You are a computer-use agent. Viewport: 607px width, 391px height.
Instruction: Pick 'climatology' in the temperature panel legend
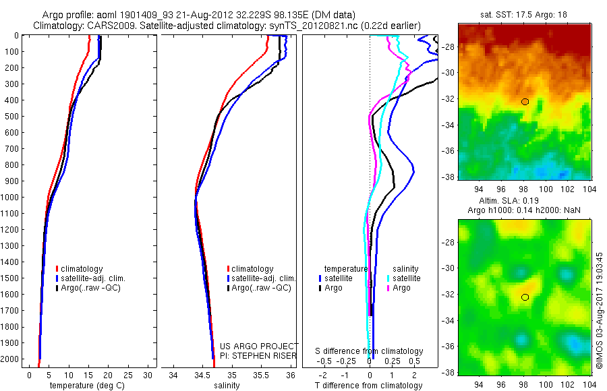click(x=82, y=269)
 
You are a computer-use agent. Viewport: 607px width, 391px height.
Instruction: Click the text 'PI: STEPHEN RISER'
click(x=260, y=355)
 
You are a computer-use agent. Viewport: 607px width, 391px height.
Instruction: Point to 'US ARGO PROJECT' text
click(x=260, y=345)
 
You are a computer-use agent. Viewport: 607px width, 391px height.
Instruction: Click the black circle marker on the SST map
click(x=525, y=102)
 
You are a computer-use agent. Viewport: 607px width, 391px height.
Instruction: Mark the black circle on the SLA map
click(x=525, y=297)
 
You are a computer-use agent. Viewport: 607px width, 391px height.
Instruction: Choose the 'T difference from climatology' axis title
click(x=370, y=386)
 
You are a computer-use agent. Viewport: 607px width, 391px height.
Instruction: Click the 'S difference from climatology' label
click(x=370, y=351)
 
